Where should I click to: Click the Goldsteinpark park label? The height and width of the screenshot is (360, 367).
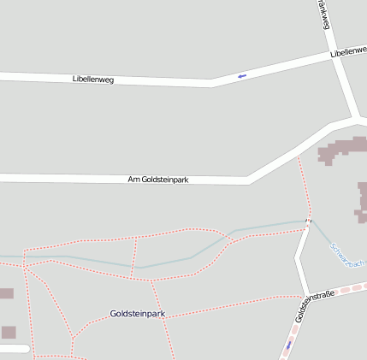(137, 314)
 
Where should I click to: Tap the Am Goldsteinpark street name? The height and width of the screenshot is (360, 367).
(157, 180)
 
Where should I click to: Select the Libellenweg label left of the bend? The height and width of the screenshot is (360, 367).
(92, 79)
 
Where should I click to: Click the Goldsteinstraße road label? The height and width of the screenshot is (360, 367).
(313, 306)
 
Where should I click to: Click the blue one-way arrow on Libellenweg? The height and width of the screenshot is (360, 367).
(241, 77)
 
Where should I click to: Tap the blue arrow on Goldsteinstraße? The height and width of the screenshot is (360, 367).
(289, 345)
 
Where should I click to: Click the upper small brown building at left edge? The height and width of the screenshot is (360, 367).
(5, 293)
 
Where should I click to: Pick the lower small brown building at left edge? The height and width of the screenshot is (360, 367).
(8, 332)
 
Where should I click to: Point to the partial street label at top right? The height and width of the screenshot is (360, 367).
(323, 15)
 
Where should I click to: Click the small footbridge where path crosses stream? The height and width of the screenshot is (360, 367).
(306, 225)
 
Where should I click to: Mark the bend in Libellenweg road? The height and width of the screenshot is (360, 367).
(212, 83)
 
